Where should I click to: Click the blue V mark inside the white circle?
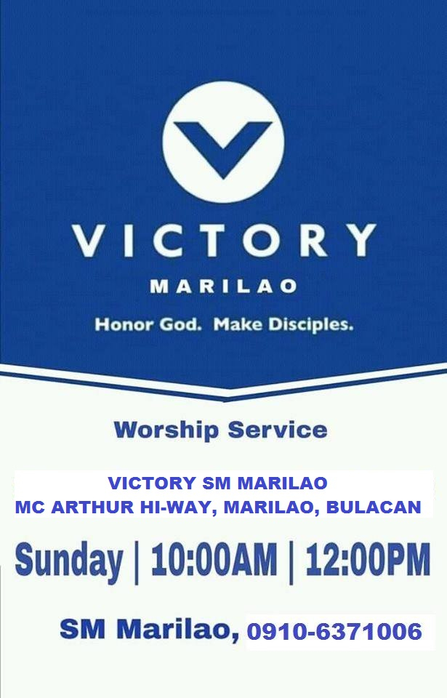tap(223, 147)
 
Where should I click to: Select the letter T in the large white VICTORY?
tap(212, 241)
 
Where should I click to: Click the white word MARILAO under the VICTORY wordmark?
tap(224, 286)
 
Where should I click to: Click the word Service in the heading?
tap(278, 430)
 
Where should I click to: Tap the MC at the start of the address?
tap(30, 507)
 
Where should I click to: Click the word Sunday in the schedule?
tap(69, 561)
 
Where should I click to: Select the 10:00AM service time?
tap(214, 559)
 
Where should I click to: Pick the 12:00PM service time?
tap(368, 559)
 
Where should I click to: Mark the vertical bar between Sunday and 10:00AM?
tap(137, 562)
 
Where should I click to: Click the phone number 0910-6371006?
tap(334, 632)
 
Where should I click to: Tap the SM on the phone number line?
tap(83, 629)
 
